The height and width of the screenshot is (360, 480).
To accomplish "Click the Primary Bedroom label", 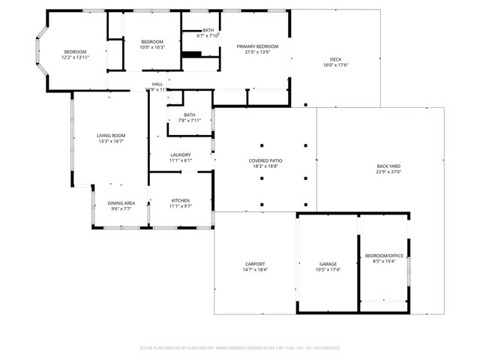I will pyautogui.click(x=257, y=46).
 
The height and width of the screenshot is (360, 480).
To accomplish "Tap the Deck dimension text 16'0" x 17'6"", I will pyautogui.click(x=335, y=65).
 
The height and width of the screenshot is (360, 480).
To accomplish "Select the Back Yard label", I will pyautogui.click(x=388, y=166).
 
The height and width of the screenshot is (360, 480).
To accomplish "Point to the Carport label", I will pyautogui.click(x=254, y=264).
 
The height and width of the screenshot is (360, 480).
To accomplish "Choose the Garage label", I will pyautogui.click(x=328, y=264).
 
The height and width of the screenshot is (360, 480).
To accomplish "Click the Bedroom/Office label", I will pyautogui.click(x=384, y=256).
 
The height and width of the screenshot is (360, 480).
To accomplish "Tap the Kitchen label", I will pyautogui.click(x=181, y=200).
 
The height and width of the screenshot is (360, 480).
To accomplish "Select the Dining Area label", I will pyautogui.click(x=121, y=203).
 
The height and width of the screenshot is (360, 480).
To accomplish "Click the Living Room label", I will pyautogui.click(x=110, y=136).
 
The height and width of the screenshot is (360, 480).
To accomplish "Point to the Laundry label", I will pyautogui.click(x=181, y=154).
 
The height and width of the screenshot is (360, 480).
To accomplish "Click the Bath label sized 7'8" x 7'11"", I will pyautogui.click(x=189, y=115).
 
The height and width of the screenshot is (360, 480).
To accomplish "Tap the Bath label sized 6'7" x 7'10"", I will pyautogui.click(x=208, y=30).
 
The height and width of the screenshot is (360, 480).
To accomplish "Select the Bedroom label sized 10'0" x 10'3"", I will pyautogui.click(x=152, y=41).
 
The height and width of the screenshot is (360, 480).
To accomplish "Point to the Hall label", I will pyautogui.click(x=157, y=84).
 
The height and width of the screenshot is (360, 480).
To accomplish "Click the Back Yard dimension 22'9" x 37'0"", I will pyautogui.click(x=388, y=172).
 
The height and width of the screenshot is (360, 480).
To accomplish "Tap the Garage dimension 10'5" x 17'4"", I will pyautogui.click(x=328, y=270).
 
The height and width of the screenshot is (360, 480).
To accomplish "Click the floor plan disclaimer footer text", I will pyautogui.click(x=240, y=348).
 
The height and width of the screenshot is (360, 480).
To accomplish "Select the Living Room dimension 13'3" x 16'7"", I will pyautogui.click(x=110, y=142).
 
